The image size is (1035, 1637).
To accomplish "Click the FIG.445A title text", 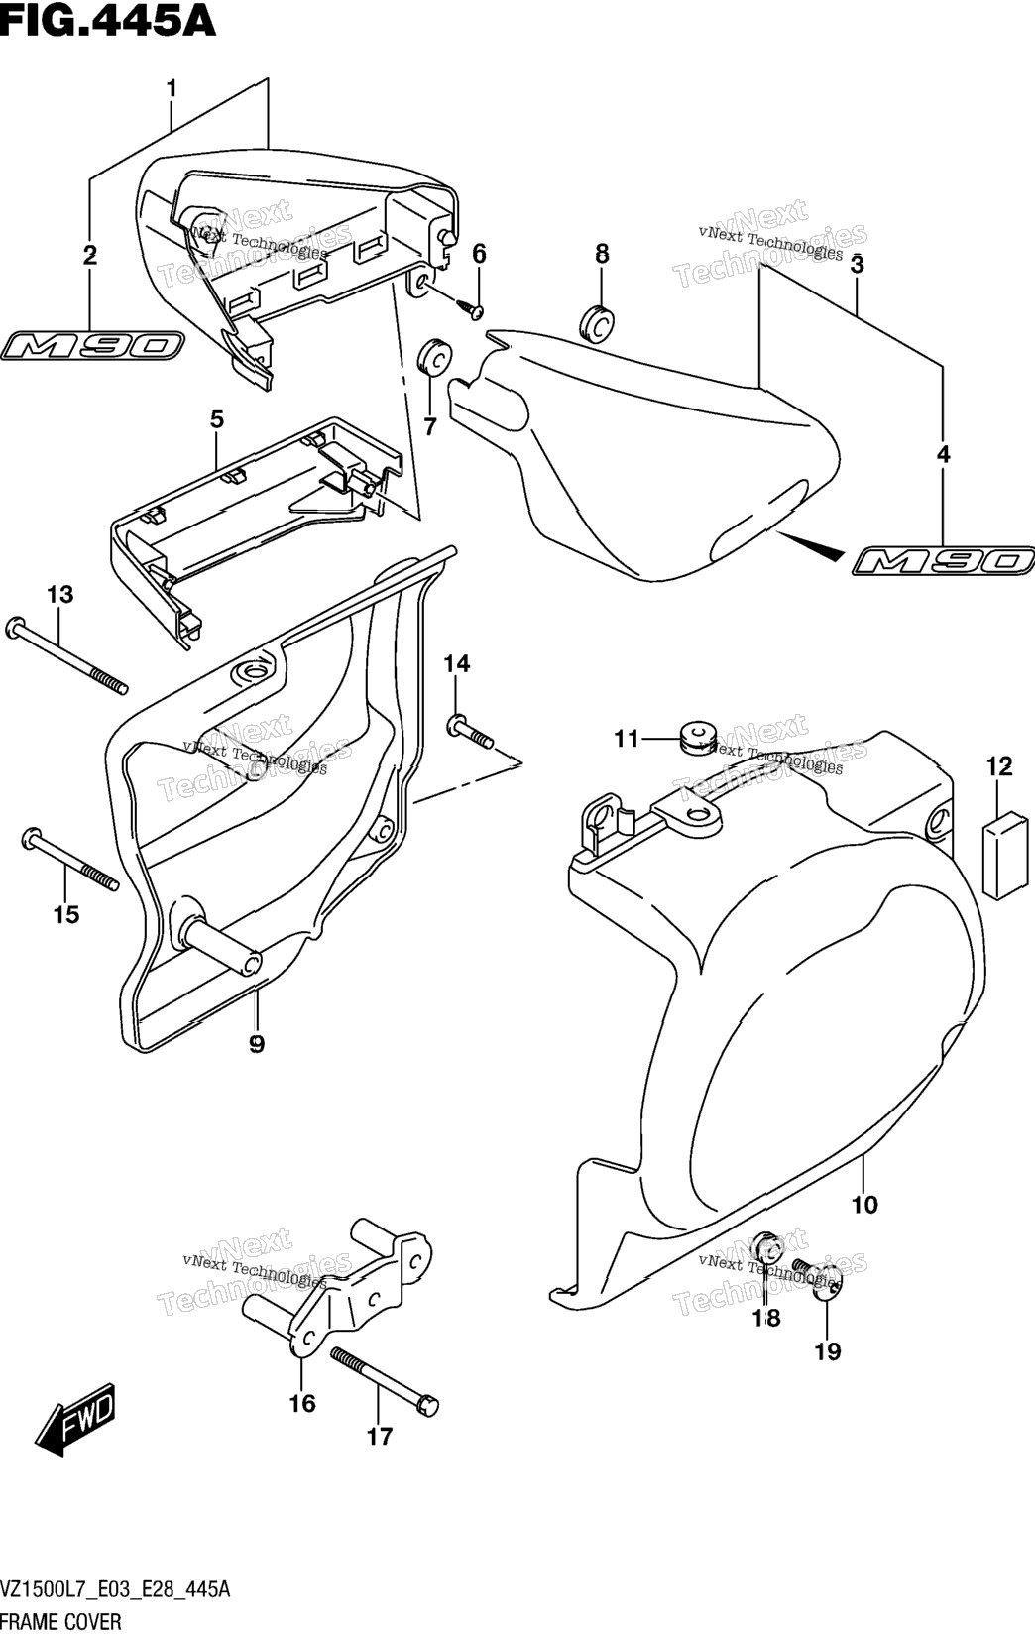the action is point(108,21).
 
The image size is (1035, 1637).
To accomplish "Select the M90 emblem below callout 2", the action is point(92,346).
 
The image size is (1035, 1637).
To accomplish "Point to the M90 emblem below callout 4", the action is point(944,561).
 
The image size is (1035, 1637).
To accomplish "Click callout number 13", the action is point(60,595).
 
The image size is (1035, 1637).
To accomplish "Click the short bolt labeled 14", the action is point(470,733).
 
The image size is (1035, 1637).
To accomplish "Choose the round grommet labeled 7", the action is point(434,355).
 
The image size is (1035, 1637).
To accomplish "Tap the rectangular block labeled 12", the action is point(1005,856).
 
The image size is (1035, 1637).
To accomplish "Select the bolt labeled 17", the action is point(385,1384).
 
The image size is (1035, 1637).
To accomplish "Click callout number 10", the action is point(863,1204).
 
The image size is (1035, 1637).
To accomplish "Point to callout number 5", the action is point(216,419).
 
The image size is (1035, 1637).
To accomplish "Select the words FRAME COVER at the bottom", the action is point(61,1622).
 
